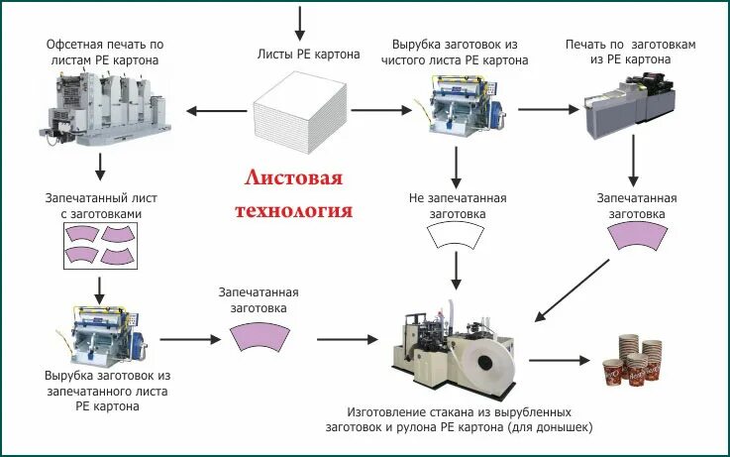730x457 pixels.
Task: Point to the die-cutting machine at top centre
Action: pyautogui.click(x=455, y=108)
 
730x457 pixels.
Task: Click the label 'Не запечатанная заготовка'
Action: pyautogui.click(x=457, y=205)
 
